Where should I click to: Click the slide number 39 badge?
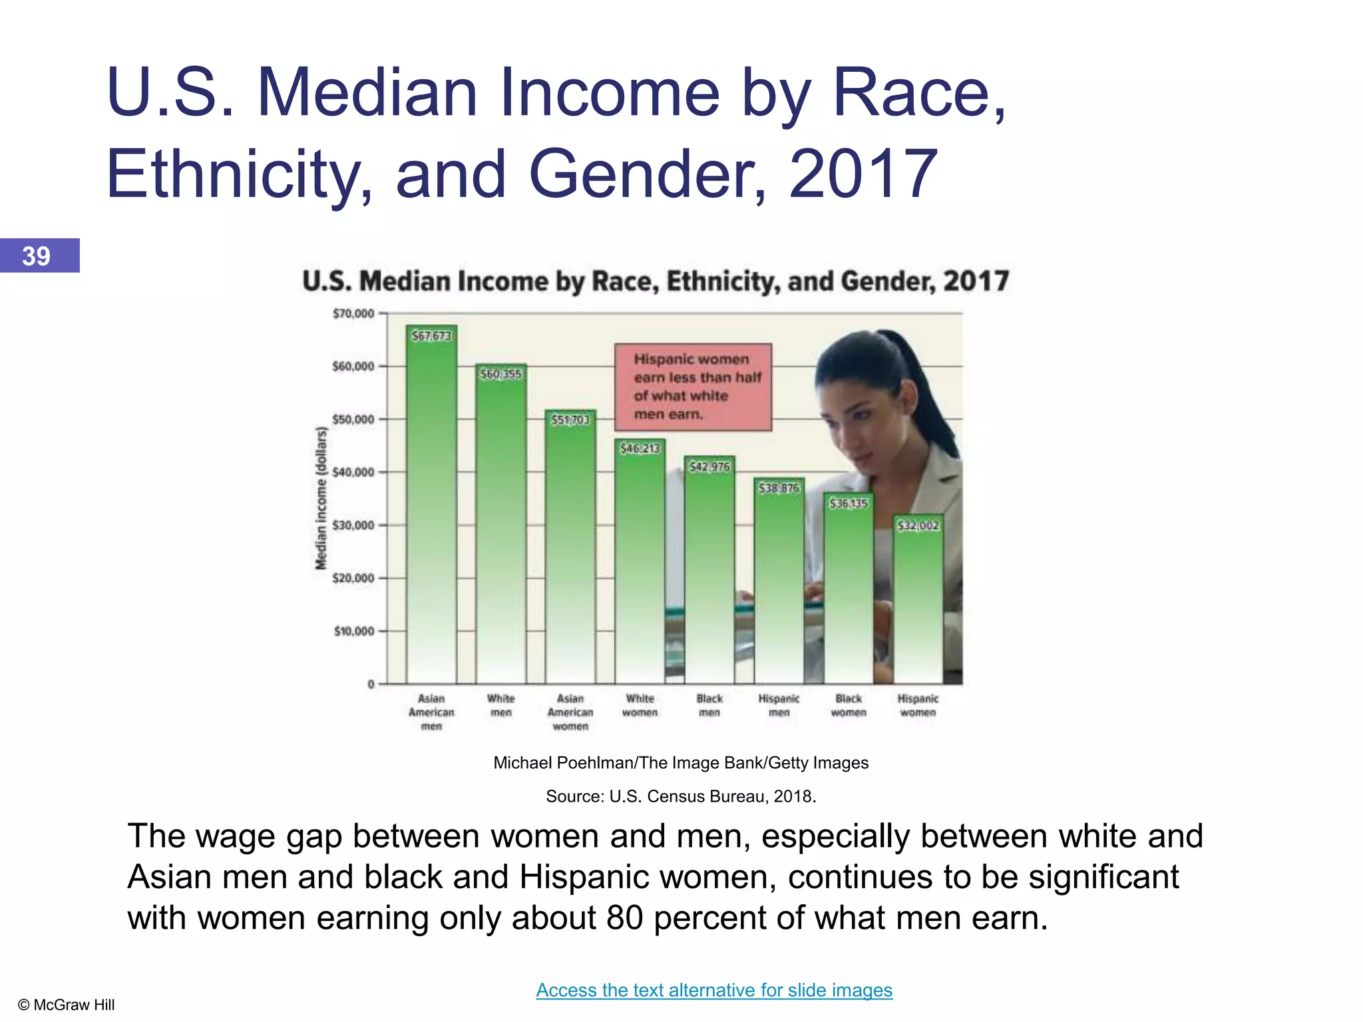(x=39, y=255)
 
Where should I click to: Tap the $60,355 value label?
(x=501, y=374)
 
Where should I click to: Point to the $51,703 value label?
(x=570, y=420)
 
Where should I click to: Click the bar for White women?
(x=640, y=566)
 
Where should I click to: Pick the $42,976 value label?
(x=709, y=467)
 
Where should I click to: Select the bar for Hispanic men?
(x=779, y=586)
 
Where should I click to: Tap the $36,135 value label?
(x=849, y=504)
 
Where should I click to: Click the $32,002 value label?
(x=918, y=526)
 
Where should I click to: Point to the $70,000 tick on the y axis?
(x=353, y=313)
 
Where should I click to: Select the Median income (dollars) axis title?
(x=321, y=498)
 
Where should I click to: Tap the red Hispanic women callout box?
(x=693, y=387)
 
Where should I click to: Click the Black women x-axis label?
(x=849, y=705)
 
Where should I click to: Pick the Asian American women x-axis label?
(x=570, y=712)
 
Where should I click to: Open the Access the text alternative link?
(x=714, y=990)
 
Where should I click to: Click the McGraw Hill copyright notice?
(x=67, y=1005)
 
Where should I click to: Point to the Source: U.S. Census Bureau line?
(x=681, y=796)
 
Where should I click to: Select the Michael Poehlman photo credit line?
(x=681, y=763)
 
